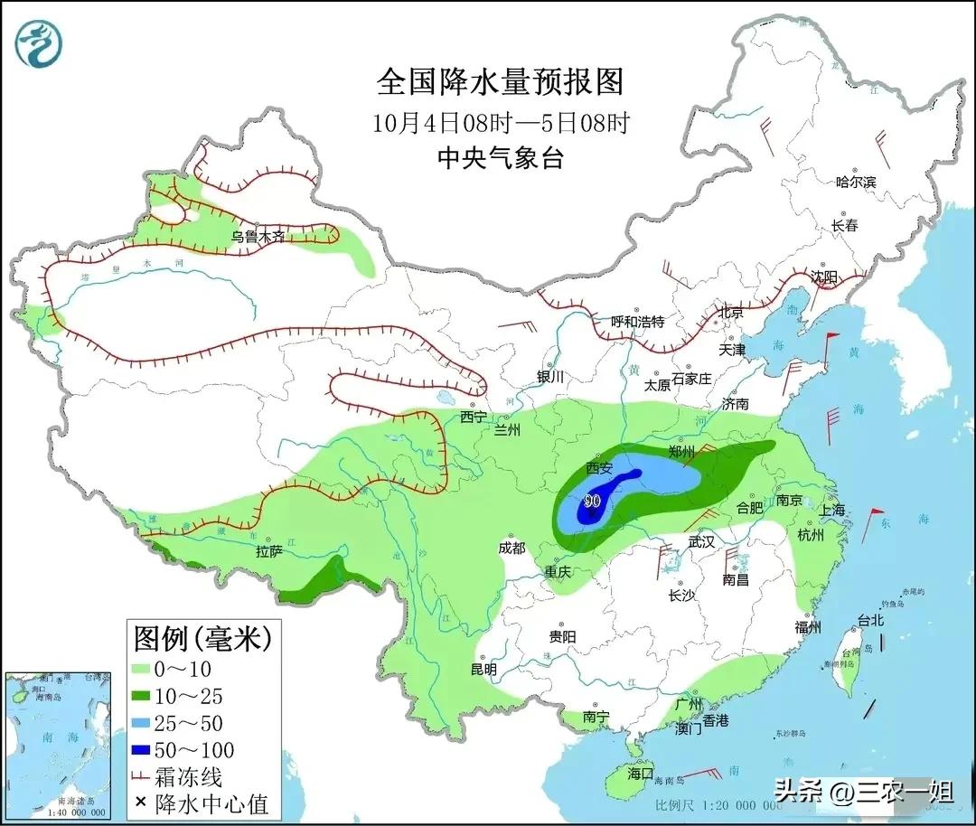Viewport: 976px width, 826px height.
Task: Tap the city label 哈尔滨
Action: point(855,182)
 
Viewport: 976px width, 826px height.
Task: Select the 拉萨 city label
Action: point(269,551)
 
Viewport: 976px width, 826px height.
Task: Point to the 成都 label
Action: point(511,548)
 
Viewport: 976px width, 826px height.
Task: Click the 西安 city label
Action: point(599,468)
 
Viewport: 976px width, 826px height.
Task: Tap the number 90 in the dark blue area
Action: point(593,500)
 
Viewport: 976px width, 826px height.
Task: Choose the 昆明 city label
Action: point(483,670)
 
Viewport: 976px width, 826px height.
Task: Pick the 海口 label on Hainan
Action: point(640,774)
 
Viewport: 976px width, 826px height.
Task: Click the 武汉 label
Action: point(700,541)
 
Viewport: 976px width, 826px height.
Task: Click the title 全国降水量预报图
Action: point(500,82)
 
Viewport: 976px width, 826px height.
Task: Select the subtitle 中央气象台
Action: point(500,158)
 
